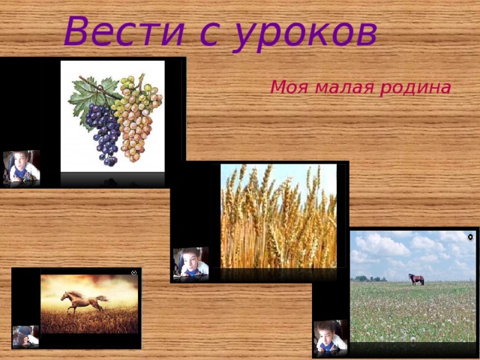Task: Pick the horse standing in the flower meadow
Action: [x=415, y=279]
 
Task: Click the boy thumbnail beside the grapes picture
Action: [x=21, y=167]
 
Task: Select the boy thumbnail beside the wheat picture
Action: [x=190, y=263]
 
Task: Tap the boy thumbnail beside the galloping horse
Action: [x=25, y=336]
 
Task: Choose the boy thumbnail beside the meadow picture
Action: [x=330, y=337]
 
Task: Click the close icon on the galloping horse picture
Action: [x=134, y=272]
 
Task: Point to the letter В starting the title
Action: [x=77, y=31]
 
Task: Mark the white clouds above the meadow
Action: [x=390, y=247]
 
